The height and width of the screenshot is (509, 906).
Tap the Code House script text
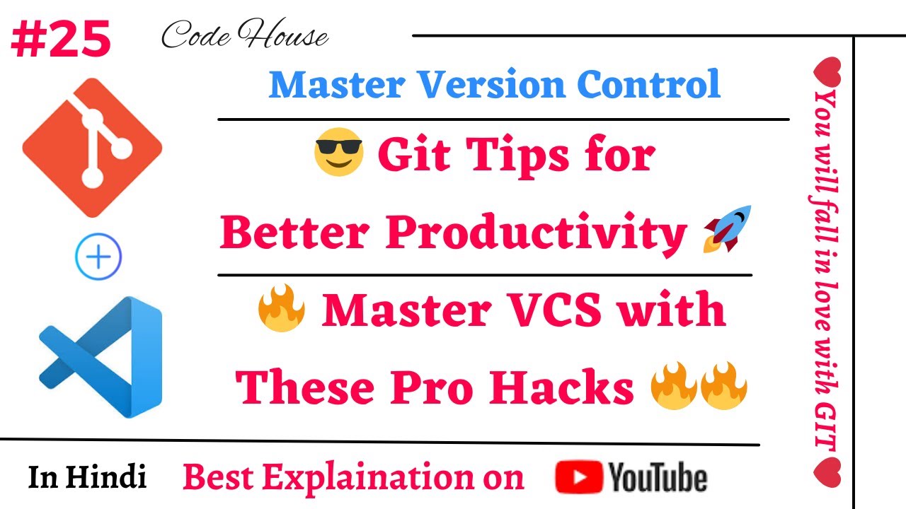(x=244, y=36)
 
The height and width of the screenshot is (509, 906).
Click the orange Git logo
(x=92, y=146)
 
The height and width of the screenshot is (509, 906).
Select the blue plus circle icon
(x=98, y=257)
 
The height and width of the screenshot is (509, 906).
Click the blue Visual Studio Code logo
(x=101, y=357)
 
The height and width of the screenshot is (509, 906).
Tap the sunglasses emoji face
(x=338, y=154)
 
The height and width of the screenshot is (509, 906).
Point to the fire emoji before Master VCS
(x=281, y=312)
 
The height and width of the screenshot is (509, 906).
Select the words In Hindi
(x=88, y=477)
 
